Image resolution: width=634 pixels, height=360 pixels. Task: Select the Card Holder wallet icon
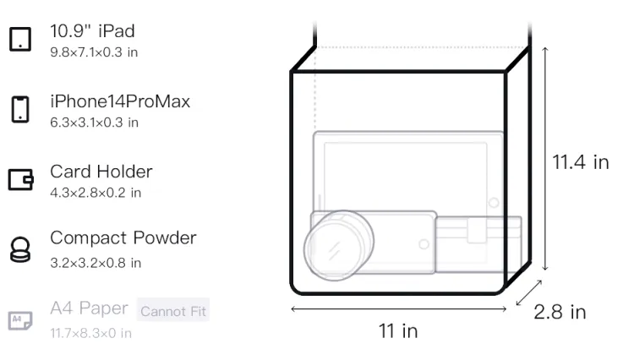[21, 179]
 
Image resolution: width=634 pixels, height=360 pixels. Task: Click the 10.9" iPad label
[92, 31]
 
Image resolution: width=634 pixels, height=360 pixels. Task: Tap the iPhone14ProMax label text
[120, 101]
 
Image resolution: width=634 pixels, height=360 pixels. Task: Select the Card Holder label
[101, 172]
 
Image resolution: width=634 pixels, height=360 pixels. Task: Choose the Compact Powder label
[123, 237]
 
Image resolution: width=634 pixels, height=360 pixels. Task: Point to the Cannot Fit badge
[173, 311]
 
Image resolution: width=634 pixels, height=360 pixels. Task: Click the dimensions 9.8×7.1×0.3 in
[94, 52]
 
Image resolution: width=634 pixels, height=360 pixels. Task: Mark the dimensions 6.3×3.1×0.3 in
[94, 123]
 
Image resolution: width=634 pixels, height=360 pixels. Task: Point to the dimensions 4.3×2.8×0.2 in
[96, 193]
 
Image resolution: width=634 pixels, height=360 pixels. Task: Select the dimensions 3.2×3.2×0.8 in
[96, 262]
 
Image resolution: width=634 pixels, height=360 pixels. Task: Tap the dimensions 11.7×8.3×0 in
[90, 332]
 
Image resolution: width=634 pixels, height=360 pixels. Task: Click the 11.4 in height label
[580, 162]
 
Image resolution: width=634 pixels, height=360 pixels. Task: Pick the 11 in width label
[397, 330]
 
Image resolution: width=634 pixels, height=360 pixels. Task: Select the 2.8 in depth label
[560, 313]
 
